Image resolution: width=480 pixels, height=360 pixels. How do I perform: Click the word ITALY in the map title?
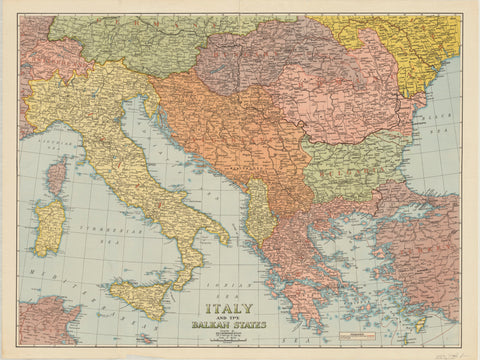228,309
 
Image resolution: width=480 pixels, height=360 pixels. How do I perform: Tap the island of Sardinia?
49,225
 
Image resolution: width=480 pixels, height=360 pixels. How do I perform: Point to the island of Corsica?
56,178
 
